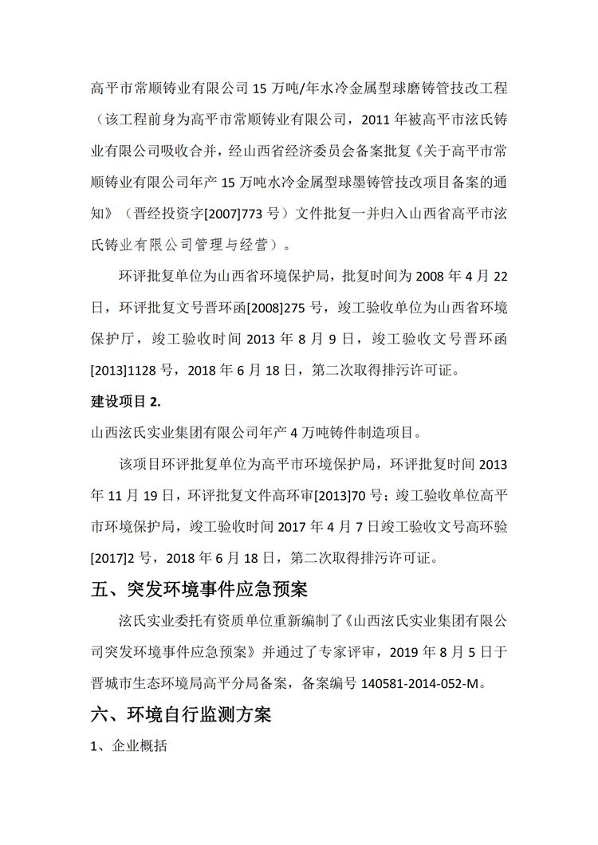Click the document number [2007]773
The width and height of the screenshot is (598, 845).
[228, 214]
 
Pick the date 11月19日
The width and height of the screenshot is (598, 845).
[150, 495]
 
